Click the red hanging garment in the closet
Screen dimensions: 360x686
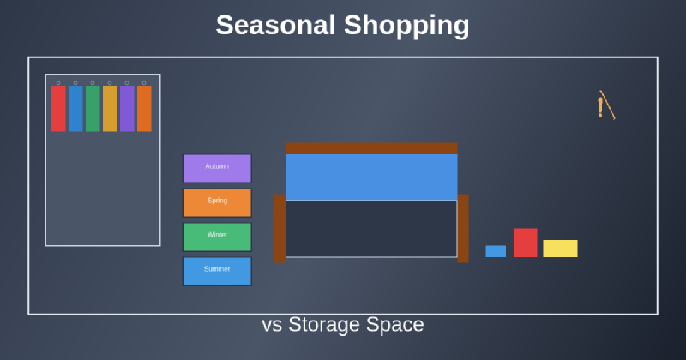tap(58, 108)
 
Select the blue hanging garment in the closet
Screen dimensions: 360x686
tap(75, 108)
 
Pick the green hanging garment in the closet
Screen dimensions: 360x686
tap(93, 108)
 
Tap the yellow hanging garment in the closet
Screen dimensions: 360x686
tap(110, 108)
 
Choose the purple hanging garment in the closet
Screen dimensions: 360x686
tap(127, 108)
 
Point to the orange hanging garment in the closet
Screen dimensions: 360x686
tap(144, 108)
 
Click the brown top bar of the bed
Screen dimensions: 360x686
tap(371, 148)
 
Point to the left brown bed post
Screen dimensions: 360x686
tap(280, 228)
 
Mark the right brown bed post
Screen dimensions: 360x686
tap(463, 228)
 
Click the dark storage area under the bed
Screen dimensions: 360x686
tap(371, 228)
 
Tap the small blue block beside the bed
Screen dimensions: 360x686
tap(496, 251)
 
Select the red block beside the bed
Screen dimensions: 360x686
tap(526, 243)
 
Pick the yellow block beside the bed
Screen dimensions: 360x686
tap(560, 249)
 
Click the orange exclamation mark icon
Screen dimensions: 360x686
tap(600, 106)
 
